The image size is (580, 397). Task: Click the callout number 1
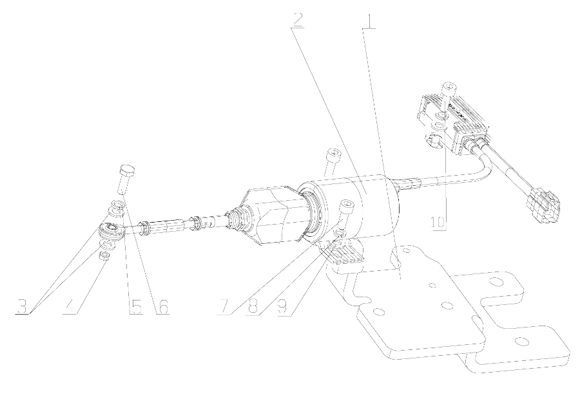369,23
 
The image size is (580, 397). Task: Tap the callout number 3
23,307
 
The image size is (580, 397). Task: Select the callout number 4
71,307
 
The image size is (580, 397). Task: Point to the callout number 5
136,307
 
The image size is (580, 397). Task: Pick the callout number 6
163,307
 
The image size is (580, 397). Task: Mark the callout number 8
253,307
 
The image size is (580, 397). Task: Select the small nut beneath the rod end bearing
104,255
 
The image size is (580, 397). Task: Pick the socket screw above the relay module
449,95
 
